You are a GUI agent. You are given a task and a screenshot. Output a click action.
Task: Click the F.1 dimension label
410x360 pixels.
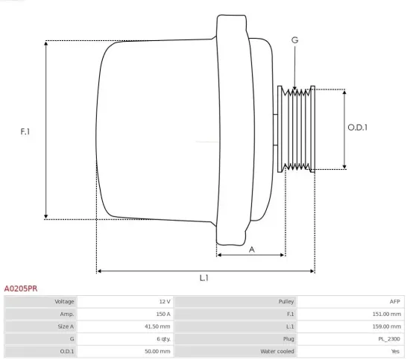click(x=25, y=131)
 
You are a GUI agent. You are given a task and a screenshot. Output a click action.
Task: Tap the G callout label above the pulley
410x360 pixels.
click(x=294, y=39)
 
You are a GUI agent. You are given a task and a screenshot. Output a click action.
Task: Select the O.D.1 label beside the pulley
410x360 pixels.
click(x=358, y=127)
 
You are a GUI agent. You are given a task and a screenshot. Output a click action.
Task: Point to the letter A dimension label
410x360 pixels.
click(x=251, y=249)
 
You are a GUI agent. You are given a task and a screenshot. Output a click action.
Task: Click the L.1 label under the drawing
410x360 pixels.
click(x=204, y=278)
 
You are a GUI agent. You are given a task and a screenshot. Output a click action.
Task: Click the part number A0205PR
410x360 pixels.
click(x=21, y=288)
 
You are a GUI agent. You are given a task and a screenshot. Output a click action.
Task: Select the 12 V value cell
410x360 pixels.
click(x=164, y=302)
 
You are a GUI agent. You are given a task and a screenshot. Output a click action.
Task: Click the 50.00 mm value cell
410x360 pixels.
click(x=157, y=351)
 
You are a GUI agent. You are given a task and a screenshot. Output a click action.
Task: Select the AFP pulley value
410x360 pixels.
click(x=394, y=302)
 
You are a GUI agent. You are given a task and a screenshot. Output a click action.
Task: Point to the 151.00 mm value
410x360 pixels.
click(x=387, y=315)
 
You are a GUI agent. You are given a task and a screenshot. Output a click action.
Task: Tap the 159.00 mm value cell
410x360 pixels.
click(x=387, y=326)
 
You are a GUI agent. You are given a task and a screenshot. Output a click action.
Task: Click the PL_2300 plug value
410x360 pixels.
click(x=389, y=338)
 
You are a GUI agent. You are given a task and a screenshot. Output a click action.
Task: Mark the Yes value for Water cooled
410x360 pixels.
click(x=395, y=351)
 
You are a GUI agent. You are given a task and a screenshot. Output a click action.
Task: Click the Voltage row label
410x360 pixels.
click(x=65, y=302)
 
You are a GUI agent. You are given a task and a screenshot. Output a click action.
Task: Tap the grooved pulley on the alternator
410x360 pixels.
click(x=296, y=128)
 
